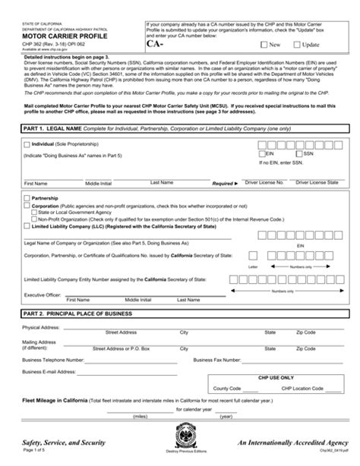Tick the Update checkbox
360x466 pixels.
coord(295,45)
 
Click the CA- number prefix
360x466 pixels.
coord(155,44)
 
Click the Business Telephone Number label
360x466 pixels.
coord(53,358)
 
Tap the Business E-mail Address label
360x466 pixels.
coord(49,372)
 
